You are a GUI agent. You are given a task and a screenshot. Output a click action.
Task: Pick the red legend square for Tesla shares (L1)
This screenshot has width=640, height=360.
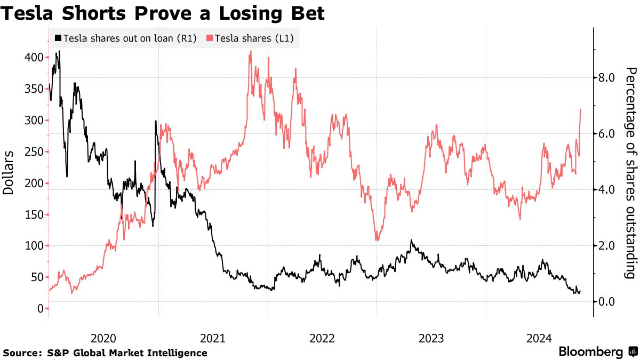point(210,38)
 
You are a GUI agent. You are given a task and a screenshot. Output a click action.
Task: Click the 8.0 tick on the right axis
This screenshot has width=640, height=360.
point(607,78)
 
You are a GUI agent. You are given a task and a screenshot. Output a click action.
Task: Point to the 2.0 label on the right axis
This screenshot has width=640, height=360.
point(607,246)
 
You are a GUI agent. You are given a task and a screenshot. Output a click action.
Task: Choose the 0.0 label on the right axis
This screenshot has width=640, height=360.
point(607,302)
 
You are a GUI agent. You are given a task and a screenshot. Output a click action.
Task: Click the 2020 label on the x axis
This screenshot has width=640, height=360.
point(103,338)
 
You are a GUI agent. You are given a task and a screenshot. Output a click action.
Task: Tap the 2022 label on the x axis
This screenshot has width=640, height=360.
point(322,338)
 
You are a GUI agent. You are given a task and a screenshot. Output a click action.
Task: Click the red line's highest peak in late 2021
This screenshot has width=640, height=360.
point(250,52)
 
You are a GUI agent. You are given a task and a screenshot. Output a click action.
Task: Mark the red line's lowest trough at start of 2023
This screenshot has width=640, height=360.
point(377,240)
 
